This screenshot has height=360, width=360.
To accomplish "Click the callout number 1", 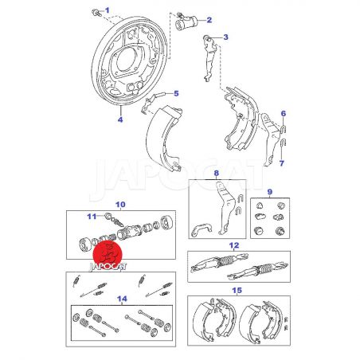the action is point(108,10).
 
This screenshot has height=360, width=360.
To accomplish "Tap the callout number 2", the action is point(209,20).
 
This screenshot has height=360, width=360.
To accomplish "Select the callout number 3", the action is point(225,37).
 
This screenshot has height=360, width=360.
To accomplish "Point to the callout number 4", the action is point(120,119).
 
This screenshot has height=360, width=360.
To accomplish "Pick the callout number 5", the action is point(176,93).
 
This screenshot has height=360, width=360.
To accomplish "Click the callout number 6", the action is point(284,114).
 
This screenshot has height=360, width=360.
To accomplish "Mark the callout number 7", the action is point(282,163).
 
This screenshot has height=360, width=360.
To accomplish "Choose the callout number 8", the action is point(217,174).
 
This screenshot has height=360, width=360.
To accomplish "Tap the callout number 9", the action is point(270,191).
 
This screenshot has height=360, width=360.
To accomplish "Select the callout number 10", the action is point(120,205).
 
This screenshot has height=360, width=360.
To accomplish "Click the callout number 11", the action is point(92,217).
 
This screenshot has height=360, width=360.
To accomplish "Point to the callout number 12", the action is point(234,245).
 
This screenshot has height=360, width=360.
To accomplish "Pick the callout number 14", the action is point(122,299).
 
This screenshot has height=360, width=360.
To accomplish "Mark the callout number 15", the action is point(237,290).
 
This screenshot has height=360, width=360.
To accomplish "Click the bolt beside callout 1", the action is point(96,12).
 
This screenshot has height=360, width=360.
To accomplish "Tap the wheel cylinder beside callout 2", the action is point(186,22).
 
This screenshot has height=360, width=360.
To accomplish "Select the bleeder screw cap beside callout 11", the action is point(108,216).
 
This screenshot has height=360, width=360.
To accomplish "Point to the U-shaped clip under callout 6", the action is point(284,129).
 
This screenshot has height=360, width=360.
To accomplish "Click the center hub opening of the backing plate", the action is point(127,61).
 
